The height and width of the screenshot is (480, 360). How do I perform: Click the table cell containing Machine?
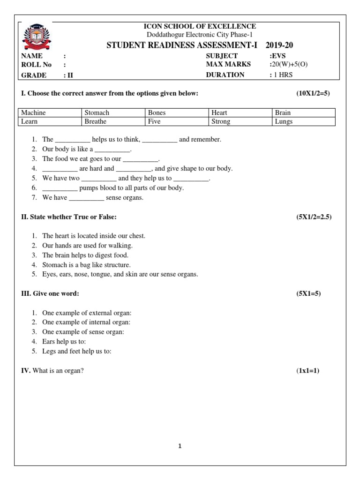tap(50, 113)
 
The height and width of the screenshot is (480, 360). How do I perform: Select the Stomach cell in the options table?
tap(114, 113)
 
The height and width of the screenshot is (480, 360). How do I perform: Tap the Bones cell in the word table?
tap(177, 113)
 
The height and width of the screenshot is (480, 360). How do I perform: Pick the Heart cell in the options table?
tap(240, 113)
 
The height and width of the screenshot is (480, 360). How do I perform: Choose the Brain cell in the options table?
tap(304, 113)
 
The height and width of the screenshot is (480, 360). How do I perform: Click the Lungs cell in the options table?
tap(304, 121)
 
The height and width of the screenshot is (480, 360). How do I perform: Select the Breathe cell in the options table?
tap(114, 121)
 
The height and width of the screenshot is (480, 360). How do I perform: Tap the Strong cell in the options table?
tap(240, 121)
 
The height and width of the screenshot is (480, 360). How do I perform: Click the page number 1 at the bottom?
tap(180, 446)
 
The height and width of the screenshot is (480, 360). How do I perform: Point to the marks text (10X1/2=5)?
tap(313, 94)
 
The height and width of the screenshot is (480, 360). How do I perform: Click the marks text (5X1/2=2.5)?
tap(314, 217)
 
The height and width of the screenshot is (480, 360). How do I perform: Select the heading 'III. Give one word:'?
tap(50, 293)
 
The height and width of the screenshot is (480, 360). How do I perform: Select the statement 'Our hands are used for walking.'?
tap(88, 246)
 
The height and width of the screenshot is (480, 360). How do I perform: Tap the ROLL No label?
tap(37, 65)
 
